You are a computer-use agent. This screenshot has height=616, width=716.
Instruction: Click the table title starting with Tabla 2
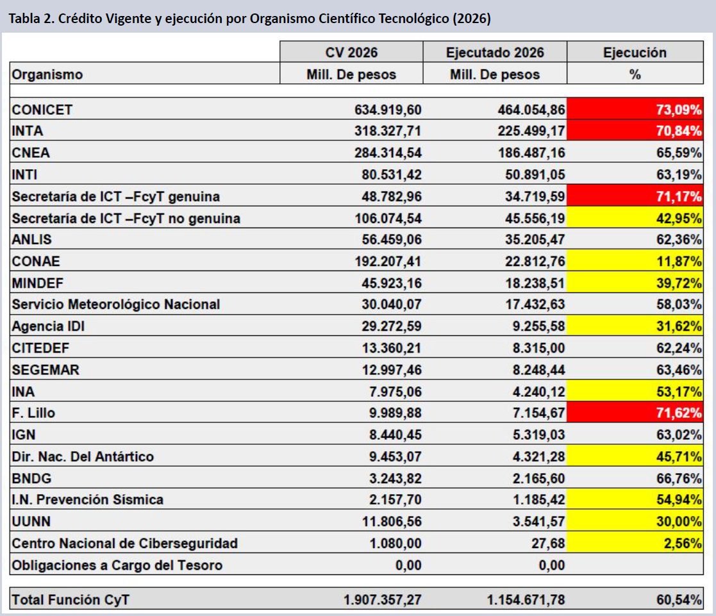coord(250,19)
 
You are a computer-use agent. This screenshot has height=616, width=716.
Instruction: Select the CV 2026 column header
coord(352,52)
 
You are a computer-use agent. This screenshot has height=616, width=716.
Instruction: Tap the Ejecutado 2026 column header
coord(495,52)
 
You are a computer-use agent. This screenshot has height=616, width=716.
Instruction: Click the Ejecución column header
coord(635,52)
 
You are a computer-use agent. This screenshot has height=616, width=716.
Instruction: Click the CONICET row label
coord(42,110)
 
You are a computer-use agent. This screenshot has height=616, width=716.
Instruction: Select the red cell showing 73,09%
coord(635,109)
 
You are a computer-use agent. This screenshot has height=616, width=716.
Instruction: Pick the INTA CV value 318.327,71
coord(388,131)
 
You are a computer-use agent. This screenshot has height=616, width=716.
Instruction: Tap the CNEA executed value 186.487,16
coord(531,153)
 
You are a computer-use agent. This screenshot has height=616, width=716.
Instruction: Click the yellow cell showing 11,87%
coord(635,261)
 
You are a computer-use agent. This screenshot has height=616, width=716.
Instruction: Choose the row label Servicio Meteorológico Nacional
coord(116,304)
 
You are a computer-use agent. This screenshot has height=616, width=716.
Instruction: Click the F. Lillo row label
coord(33,413)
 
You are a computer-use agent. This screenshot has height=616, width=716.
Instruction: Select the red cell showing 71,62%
coord(635,412)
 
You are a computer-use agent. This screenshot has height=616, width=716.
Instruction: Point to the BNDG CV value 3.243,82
coord(395,478)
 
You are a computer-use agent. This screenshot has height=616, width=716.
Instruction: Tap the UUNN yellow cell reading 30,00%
coord(635,520)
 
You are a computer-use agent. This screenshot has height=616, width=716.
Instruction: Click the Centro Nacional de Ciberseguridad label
coord(124,543)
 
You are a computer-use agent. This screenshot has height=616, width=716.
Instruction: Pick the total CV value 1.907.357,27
coord(383,599)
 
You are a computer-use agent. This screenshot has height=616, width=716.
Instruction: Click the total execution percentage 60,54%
coord(679,599)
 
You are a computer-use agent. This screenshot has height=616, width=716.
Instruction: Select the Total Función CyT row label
coord(71,599)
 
